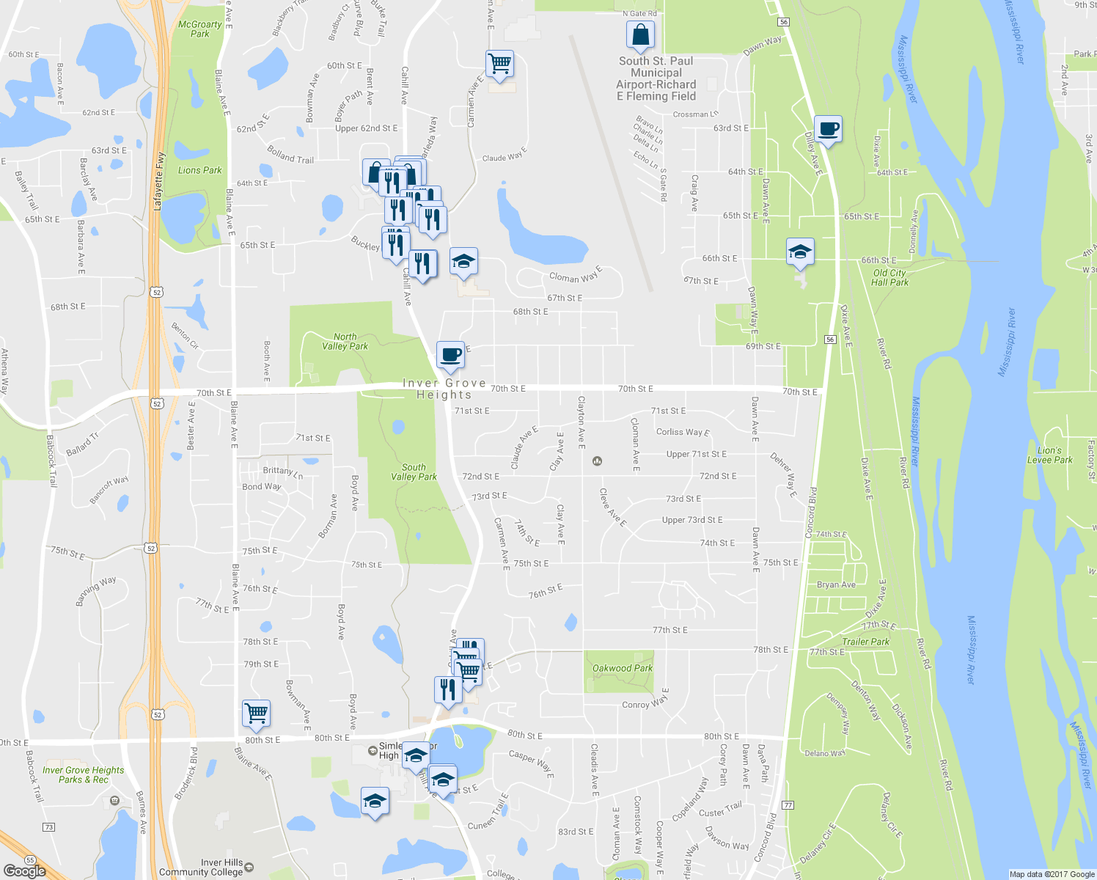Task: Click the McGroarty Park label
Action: click(199, 29)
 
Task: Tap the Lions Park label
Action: click(199, 170)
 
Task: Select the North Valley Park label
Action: click(345, 341)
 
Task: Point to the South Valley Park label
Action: click(414, 472)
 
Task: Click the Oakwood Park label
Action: click(622, 668)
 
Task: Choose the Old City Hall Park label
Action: click(890, 277)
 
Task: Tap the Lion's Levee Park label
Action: click(1049, 455)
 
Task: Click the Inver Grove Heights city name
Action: click(444, 389)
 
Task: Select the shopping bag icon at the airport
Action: click(640, 35)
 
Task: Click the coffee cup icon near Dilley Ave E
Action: click(828, 130)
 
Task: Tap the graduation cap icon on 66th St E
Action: click(800, 252)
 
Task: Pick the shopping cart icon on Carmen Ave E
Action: click(499, 64)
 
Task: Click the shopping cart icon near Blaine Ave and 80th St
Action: click(256, 713)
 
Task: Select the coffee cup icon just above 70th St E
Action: click(450, 355)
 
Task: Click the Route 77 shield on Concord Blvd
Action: click(788, 805)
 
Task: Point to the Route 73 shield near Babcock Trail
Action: click(48, 827)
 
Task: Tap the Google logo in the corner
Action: click(24, 870)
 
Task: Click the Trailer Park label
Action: click(865, 642)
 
